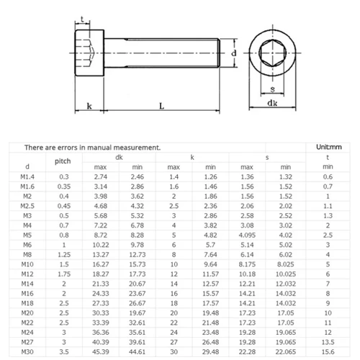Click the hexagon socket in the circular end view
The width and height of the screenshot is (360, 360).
click(x=271, y=55)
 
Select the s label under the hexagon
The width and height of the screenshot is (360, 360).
click(x=271, y=89)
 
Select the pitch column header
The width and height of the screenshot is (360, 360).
click(x=64, y=161)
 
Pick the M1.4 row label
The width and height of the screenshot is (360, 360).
click(x=27, y=176)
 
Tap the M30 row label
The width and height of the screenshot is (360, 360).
click(x=27, y=352)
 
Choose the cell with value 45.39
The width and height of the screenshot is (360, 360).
click(x=100, y=352)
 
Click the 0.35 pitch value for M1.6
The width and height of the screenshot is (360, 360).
click(x=64, y=186)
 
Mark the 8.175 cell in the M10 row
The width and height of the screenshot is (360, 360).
click(x=247, y=264)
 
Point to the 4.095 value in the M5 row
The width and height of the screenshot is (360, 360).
click(x=247, y=234)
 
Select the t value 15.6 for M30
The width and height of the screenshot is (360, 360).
click(x=328, y=352)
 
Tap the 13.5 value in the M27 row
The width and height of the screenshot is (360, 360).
click(x=328, y=342)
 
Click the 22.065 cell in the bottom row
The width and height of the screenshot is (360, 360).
click(x=287, y=352)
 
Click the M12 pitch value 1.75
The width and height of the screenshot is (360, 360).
click(x=64, y=274)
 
